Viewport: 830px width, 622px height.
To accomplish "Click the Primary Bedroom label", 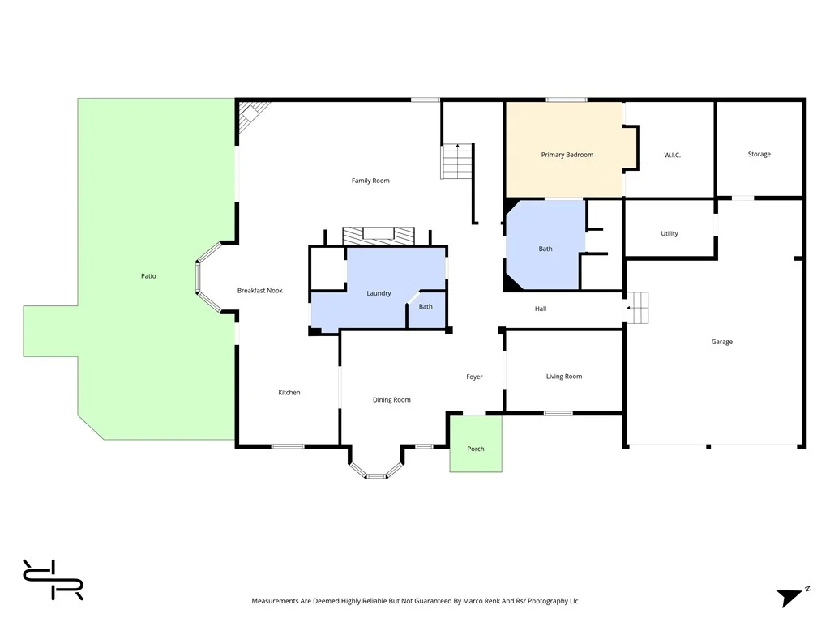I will (567, 155).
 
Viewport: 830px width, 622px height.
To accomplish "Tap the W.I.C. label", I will (672, 155).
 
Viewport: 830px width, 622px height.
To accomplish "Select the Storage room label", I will (759, 154).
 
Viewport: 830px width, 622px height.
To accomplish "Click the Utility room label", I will (669, 233).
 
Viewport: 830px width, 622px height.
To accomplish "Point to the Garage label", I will (721, 342).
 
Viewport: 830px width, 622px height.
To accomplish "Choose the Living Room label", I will (563, 377).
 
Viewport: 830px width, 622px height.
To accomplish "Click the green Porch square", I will (476, 444).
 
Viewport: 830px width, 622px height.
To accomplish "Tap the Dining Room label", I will (391, 399).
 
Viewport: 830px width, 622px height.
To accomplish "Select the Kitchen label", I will (289, 393).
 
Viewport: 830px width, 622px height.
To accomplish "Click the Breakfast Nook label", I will (259, 290).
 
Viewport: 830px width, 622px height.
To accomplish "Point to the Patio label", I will (148, 276).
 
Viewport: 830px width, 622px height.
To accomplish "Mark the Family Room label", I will (370, 181).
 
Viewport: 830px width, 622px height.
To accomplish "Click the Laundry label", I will (379, 293).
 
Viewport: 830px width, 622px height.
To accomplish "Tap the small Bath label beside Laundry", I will (426, 307).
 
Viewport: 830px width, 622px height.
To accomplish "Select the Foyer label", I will (474, 377).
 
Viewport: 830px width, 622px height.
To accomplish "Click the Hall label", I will (541, 309).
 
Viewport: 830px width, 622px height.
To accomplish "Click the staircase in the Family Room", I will (456, 161).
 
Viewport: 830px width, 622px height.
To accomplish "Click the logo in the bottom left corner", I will (53, 580).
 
